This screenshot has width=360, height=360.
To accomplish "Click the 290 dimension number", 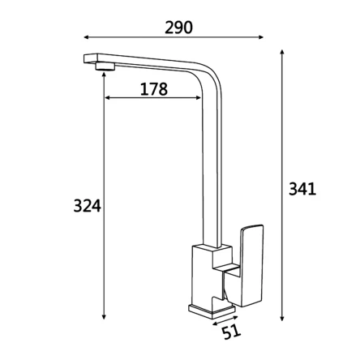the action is [178, 28].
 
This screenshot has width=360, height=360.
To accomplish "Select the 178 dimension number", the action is [154, 89].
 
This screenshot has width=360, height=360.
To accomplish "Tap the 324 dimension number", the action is [88, 205].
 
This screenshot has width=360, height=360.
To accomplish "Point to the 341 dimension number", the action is [302, 189].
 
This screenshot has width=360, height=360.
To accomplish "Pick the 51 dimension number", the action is [232, 331].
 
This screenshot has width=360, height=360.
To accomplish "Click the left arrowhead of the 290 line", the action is [86, 37].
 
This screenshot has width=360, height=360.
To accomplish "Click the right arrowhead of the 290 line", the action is [261, 37].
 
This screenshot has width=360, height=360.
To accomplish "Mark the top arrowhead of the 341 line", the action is [282, 53].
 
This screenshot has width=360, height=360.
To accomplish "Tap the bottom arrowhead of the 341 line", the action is [282, 318].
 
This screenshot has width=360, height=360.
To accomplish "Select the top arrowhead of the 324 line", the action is [104, 74].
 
